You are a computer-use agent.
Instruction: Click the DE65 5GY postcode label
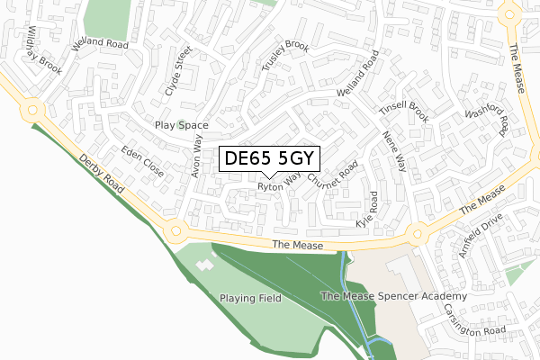click(x=269, y=159)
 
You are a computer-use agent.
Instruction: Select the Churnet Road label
click(x=333, y=175)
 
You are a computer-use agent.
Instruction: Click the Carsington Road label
click(x=474, y=320)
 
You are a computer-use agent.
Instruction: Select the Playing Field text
click(x=250, y=298)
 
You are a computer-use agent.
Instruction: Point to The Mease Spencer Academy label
click(x=394, y=296)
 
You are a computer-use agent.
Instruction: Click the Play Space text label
click(x=181, y=125)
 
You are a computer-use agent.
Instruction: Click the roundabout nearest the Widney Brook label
click(x=33, y=111)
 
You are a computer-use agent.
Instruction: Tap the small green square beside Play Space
click(x=181, y=125)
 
